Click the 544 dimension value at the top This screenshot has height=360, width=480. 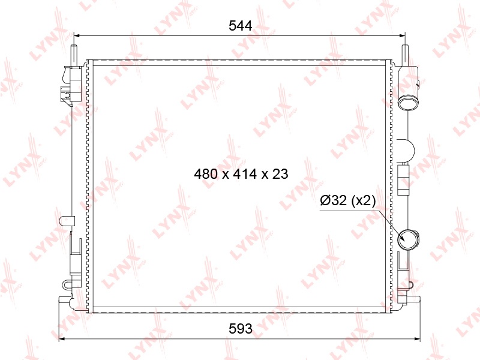[x=241, y=26]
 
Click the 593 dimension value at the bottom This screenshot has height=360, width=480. [x=241, y=328]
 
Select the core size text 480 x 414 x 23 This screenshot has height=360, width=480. [x=241, y=174]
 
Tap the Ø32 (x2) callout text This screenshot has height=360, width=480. [x=348, y=200]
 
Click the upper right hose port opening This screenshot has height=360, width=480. [x=408, y=102]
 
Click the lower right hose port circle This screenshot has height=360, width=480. [x=407, y=238]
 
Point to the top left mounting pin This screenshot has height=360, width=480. [x=74, y=55]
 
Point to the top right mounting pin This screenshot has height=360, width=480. [x=404, y=55]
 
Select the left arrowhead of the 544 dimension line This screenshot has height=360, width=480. [x=77, y=36]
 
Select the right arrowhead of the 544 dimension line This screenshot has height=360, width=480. [x=402, y=36]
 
